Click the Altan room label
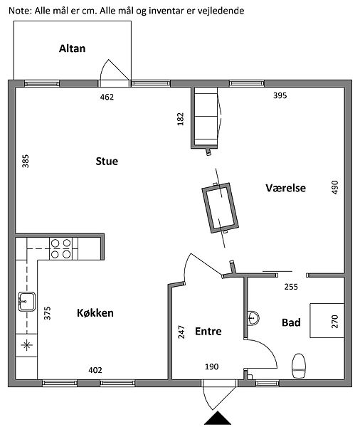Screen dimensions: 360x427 coord(72,48)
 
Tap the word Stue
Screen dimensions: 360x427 coord(107,162)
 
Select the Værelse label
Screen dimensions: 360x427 coord(286,188)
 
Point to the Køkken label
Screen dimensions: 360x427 coord(95,313)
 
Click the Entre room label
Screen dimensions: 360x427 coord(208,331)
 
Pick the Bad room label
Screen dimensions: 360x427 coord(291,322)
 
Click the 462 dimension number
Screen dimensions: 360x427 coord(107,97)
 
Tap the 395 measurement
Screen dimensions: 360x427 coord(280,95)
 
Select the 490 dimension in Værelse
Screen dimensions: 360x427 coord(335,187)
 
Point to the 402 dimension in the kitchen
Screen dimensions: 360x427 coord(95,370)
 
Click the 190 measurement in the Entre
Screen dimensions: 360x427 coord(211,367)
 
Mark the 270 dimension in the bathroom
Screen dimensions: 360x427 coord(335,322)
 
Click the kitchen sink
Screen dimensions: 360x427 coord(27,302)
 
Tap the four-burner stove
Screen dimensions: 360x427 coord(60,248)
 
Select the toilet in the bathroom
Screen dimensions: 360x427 coord(299,366)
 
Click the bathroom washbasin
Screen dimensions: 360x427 coord(253,317)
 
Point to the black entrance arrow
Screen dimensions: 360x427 coord(218,418)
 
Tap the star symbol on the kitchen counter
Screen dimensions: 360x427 coord(27,345)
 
